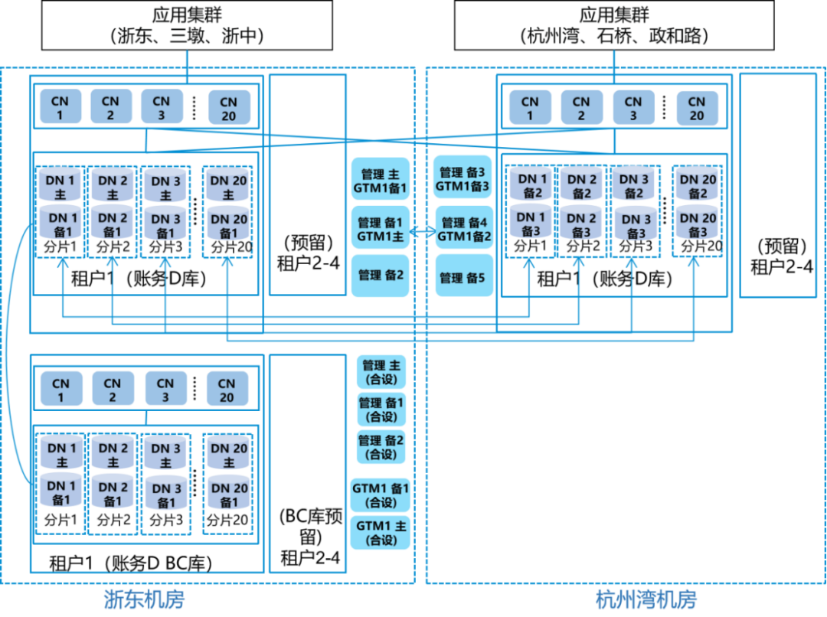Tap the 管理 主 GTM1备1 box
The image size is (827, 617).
tap(381, 180)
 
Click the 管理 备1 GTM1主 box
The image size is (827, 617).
tap(381, 229)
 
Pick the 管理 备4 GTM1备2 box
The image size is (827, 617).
tap(463, 229)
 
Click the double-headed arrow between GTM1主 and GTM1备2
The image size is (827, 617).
tap(422, 229)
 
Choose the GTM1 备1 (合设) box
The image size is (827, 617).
tap(381, 495)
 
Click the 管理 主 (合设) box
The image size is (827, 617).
tap(381, 373)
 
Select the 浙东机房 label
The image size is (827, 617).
tap(144, 599)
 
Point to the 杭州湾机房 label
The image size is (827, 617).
tap(646, 599)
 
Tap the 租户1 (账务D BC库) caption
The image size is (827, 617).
tap(130, 564)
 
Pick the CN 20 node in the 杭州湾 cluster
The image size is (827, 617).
tap(696, 108)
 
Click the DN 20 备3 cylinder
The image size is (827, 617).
tap(698, 225)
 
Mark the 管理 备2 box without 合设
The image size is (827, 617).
tap(381, 275)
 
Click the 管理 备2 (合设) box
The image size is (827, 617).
tap(381, 448)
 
